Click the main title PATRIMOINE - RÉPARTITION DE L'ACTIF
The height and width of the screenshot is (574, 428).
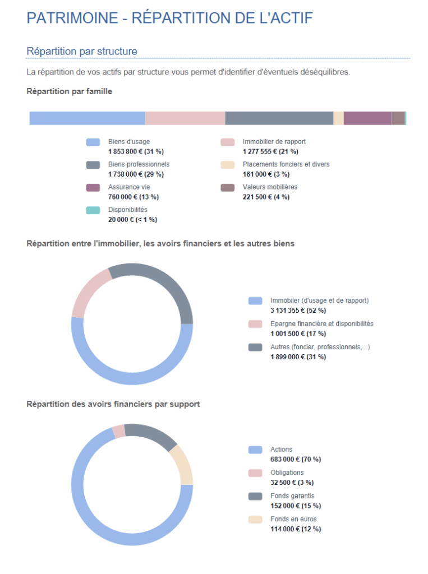coord(169,18)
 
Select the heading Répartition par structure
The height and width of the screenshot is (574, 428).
coord(82,52)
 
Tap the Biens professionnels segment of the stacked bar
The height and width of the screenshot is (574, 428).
coord(279,118)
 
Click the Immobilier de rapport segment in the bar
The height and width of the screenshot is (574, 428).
coord(185,118)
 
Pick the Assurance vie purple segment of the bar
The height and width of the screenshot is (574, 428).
coord(367,118)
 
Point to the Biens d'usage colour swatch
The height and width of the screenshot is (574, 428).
coord(93,142)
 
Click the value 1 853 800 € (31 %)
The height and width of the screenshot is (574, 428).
coord(136,152)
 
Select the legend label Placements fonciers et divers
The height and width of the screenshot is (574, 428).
coord(286,164)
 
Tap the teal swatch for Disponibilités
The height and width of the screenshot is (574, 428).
coord(93,210)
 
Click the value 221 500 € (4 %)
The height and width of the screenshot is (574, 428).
coord(266,197)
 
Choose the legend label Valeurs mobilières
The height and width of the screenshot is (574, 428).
coord(270,187)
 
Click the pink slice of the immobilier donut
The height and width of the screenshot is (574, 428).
coord(87,291)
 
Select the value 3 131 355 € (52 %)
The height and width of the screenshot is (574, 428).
coord(298,311)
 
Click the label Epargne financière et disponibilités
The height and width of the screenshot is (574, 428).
coord(321,323)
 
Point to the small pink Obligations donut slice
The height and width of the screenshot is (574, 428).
coord(118,430)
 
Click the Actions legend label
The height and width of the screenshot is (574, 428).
coord(281,450)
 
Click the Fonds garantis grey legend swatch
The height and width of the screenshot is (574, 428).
coord(255,496)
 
